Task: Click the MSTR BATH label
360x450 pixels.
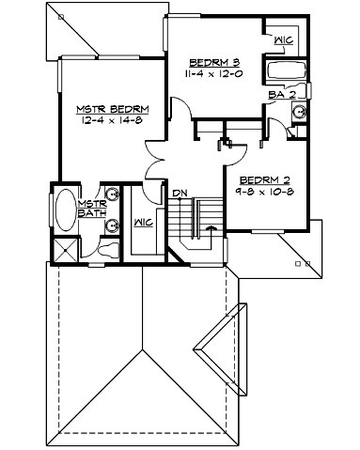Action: pyautogui.click(x=90, y=209)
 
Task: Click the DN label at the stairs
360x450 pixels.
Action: pyautogui.click(x=179, y=194)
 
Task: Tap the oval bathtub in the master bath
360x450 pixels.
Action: pyautogui.click(x=66, y=211)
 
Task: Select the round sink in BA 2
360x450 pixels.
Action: pyautogui.click(x=298, y=109)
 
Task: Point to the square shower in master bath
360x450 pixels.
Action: pyautogui.click(x=66, y=251)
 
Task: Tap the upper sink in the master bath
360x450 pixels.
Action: pyautogui.click(x=112, y=195)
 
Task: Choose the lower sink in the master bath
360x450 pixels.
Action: pyautogui.click(x=112, y=225)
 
